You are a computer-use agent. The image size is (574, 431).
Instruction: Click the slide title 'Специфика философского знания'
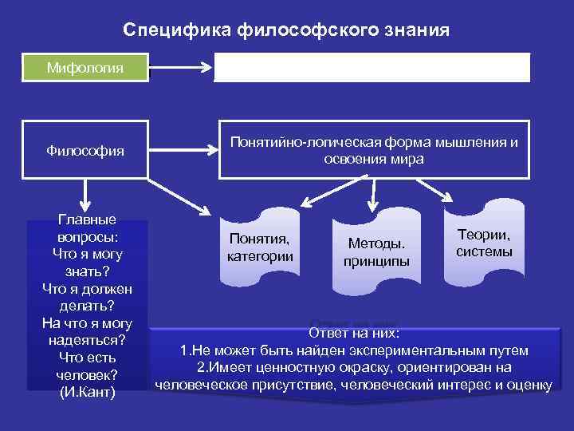click(286, 30)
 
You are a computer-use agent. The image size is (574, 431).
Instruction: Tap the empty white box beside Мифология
click(372, 68)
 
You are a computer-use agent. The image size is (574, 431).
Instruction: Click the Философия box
click(85, 150)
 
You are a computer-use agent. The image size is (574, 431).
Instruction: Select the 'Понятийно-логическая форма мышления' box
click(373, 150)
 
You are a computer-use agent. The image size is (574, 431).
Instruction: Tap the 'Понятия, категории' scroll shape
click(260, 247)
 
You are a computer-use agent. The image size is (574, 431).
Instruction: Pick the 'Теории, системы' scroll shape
click(484, 243)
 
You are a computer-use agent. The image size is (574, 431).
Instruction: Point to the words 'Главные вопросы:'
click(87, 228)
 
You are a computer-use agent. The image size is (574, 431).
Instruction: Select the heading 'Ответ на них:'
click(353, 334)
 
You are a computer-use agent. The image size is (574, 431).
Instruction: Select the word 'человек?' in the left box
click(87, 374)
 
